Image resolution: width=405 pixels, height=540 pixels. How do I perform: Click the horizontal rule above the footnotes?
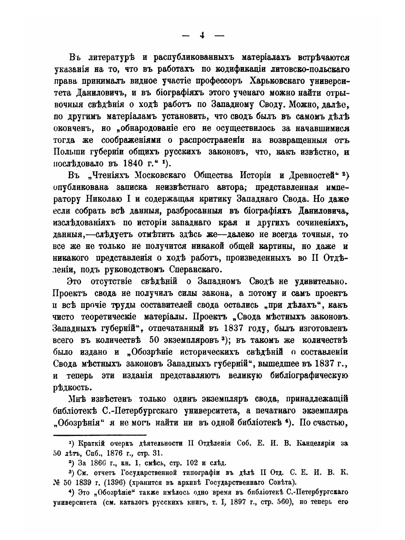(x=100, y=434)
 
